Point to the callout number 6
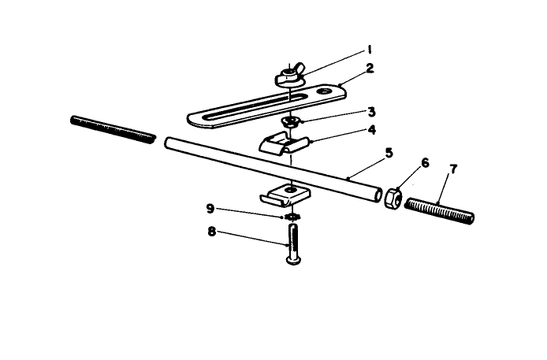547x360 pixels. click(x=425, y=162)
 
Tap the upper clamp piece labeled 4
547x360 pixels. click(x=285, y=144)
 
